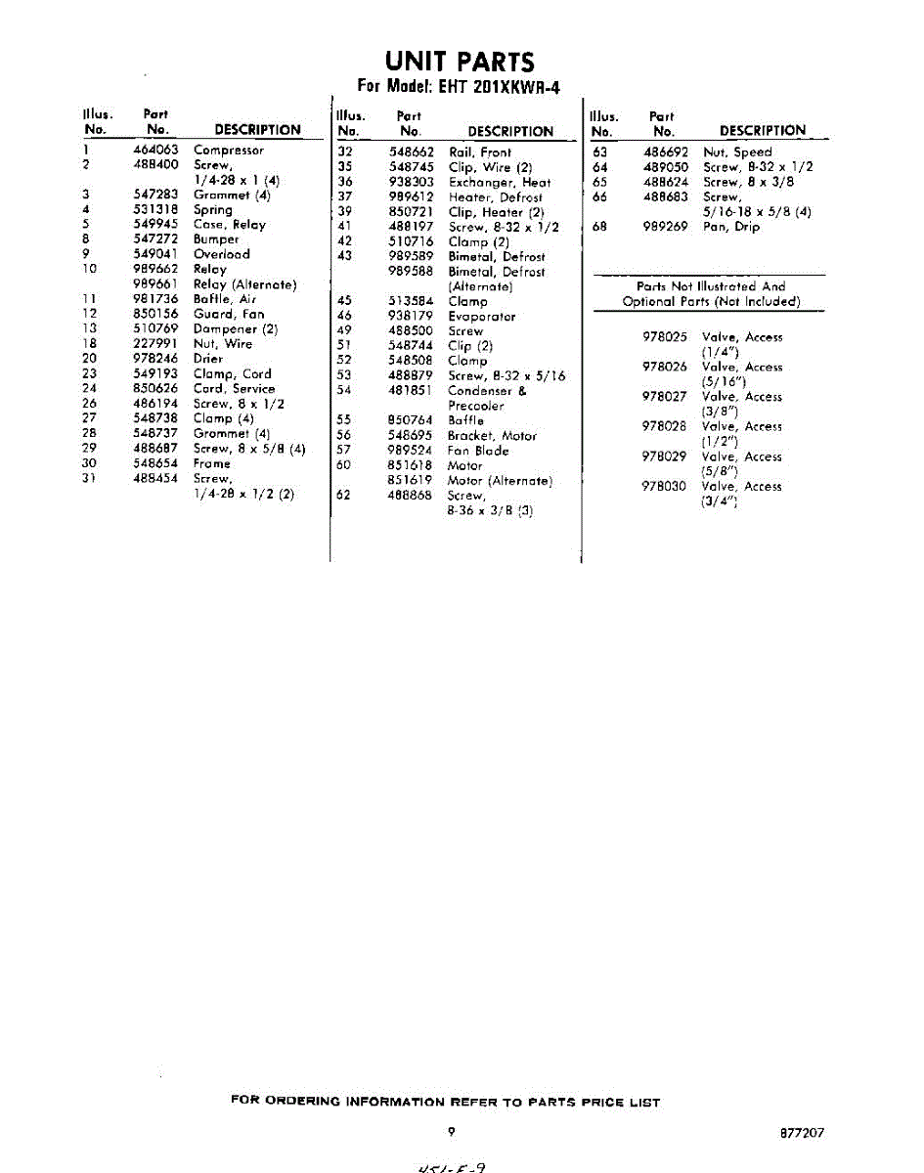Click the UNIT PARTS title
[x=460, y=62]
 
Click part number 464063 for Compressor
[x=155, y=151]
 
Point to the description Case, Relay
[x=229, y=225]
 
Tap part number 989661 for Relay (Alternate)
[x=155, y=284]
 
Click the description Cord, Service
[x=234, y=389]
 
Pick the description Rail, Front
[x=479, y=152]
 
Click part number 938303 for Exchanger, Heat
[x=411, y=183]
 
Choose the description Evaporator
[x=481, y=317]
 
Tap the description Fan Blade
[x=477, y=452]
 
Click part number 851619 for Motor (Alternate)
[x=411, y=481]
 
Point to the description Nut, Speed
[x=737, y=152]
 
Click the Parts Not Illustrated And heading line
[x=710, y=286]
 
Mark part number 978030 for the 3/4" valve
[x=665, y=487]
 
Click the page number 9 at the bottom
[x=452, y=1132]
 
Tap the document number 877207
[x=802, y=1133]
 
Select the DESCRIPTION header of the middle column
[x=510, y=132]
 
